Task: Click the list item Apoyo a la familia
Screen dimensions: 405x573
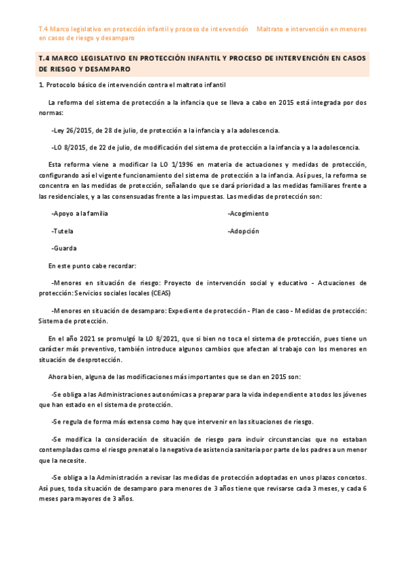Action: tap(80, 214)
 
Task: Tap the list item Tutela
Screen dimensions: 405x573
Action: tap(64, 231)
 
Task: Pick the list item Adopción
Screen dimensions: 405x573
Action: tap(244, 231)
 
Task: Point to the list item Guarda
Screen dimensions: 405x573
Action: tap(64, 249)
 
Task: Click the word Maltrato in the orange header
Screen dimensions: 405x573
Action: tap(273, 30)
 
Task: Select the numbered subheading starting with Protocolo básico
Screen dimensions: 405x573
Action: tap(132, 85)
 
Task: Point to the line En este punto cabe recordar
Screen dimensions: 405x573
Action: tap(93, 266)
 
